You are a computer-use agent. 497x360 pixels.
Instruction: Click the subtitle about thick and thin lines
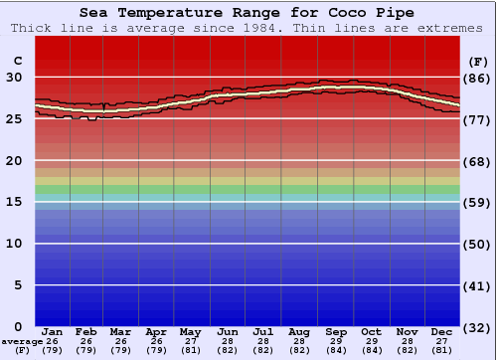pos(247,28)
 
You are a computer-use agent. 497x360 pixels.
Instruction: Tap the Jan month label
pos(54,332)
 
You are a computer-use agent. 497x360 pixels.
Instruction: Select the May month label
pos(190,332)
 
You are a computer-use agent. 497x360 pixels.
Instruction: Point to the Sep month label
pos(336,332)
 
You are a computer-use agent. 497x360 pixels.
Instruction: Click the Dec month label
pos(442,332)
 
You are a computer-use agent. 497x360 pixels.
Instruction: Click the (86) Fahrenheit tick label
pos(477,78)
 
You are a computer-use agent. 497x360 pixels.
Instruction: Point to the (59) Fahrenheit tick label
pos(477,202)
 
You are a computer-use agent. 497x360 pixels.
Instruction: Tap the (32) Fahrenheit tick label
pos(477,326)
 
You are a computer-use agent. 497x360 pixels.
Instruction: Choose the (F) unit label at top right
pos(477,61)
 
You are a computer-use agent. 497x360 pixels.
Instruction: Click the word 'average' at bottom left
pos(21,341)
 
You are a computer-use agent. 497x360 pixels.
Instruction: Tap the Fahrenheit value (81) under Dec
pos(442,350)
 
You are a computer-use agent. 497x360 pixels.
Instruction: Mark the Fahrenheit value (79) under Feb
pos(86,350)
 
